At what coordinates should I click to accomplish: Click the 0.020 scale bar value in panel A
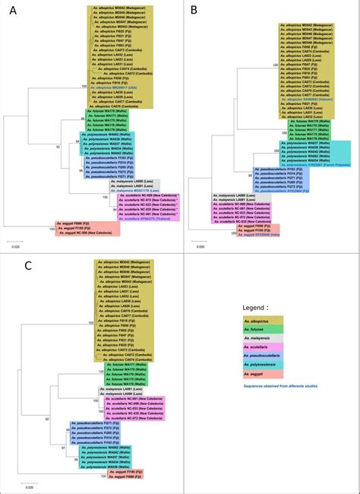point(15,248)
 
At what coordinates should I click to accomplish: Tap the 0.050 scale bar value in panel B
point(199,246)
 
